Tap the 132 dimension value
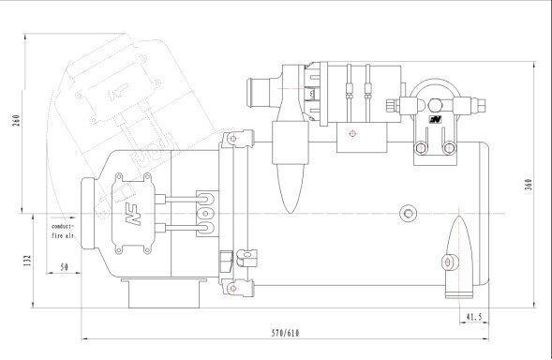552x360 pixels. click(x=16, y=259)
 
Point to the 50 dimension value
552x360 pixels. click(x=64, y=267)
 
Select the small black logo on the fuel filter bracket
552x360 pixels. click(x=435, y=120)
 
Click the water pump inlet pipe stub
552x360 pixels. click(x=253, y=94)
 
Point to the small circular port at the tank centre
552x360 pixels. click(x=407, y=212)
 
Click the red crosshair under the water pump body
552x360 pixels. click(x=352, y=133)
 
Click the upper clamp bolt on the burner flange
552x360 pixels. click(x=231, y=141)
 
